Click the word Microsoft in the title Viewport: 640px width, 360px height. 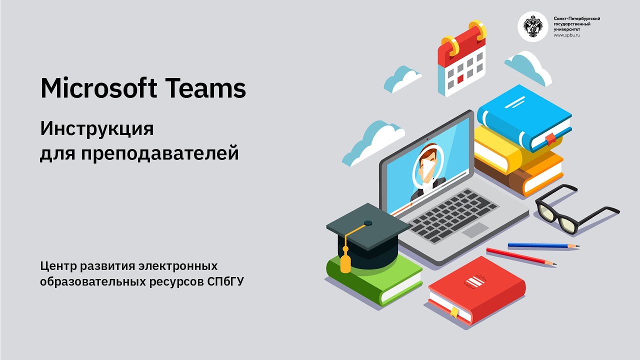click(x=97, y=88)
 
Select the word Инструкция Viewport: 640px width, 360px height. click(x=97, y=129)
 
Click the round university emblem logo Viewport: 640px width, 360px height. click(x=532, y=26)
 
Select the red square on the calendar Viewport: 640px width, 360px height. click(x=460, y=78)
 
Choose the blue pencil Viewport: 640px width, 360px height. click(x=543, y=246)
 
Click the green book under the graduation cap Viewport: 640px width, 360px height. click(x=375, y=280)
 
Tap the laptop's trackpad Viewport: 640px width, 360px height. click(x=475, y=230)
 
